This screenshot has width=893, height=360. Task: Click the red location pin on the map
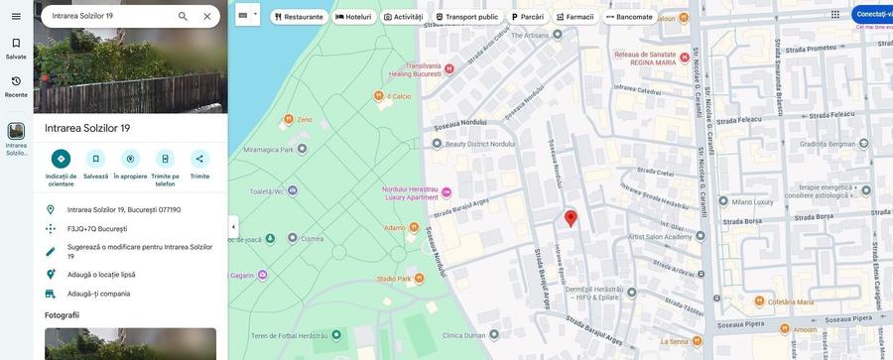(571, 217)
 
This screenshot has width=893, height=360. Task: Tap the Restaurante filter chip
(299, 17)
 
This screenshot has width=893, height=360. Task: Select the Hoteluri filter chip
(353, 17)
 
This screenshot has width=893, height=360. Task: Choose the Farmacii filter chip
(574, 17)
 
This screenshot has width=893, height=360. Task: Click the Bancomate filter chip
(629, 17)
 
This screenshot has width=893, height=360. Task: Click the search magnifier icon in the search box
(183, 16)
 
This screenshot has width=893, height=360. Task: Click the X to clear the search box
(207, 16)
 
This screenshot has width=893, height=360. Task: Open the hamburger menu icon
(16, 16)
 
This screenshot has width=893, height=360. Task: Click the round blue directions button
(61, 159)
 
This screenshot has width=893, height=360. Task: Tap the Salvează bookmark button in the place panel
(95, 159)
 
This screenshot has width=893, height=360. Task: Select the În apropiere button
(130, 159)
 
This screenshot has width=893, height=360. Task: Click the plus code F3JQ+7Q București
(97, 229)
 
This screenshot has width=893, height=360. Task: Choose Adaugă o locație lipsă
(101, 275)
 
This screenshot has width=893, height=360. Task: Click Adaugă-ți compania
(98, 294)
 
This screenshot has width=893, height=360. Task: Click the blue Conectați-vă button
(873, 14)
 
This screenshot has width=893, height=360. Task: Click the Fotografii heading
(62, 315)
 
